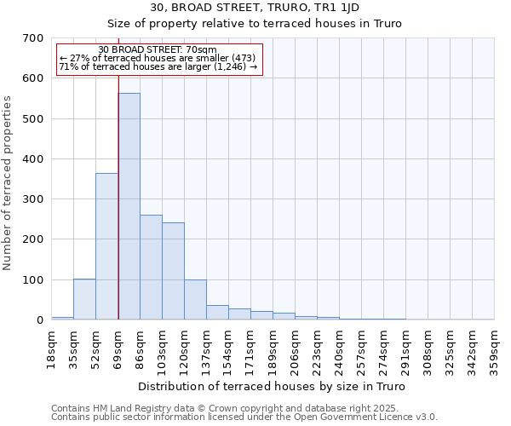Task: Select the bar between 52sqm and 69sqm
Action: (x=106, y=246)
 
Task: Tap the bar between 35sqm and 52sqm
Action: (x=84, y=299)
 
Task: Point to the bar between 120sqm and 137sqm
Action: (x=195, y=299)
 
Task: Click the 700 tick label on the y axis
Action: (x=33, y=38)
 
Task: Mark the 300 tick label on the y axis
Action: (x=33, y=199)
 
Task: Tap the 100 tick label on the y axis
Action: (x=33, y=279)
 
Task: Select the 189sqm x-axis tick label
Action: (x=273, y=347)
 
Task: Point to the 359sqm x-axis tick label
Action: (x=495, y=347)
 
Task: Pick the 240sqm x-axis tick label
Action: (x=340, y=347)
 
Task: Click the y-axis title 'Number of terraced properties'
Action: (x=8, y=183)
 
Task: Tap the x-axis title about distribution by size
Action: (x=271, y=387)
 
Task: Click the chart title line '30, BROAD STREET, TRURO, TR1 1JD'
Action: (x=255, y=8)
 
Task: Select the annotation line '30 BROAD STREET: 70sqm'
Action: (x=158, y=50)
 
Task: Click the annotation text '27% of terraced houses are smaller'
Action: (x=158, y=58)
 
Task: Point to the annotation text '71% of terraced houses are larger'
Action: (x=158, y=66)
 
